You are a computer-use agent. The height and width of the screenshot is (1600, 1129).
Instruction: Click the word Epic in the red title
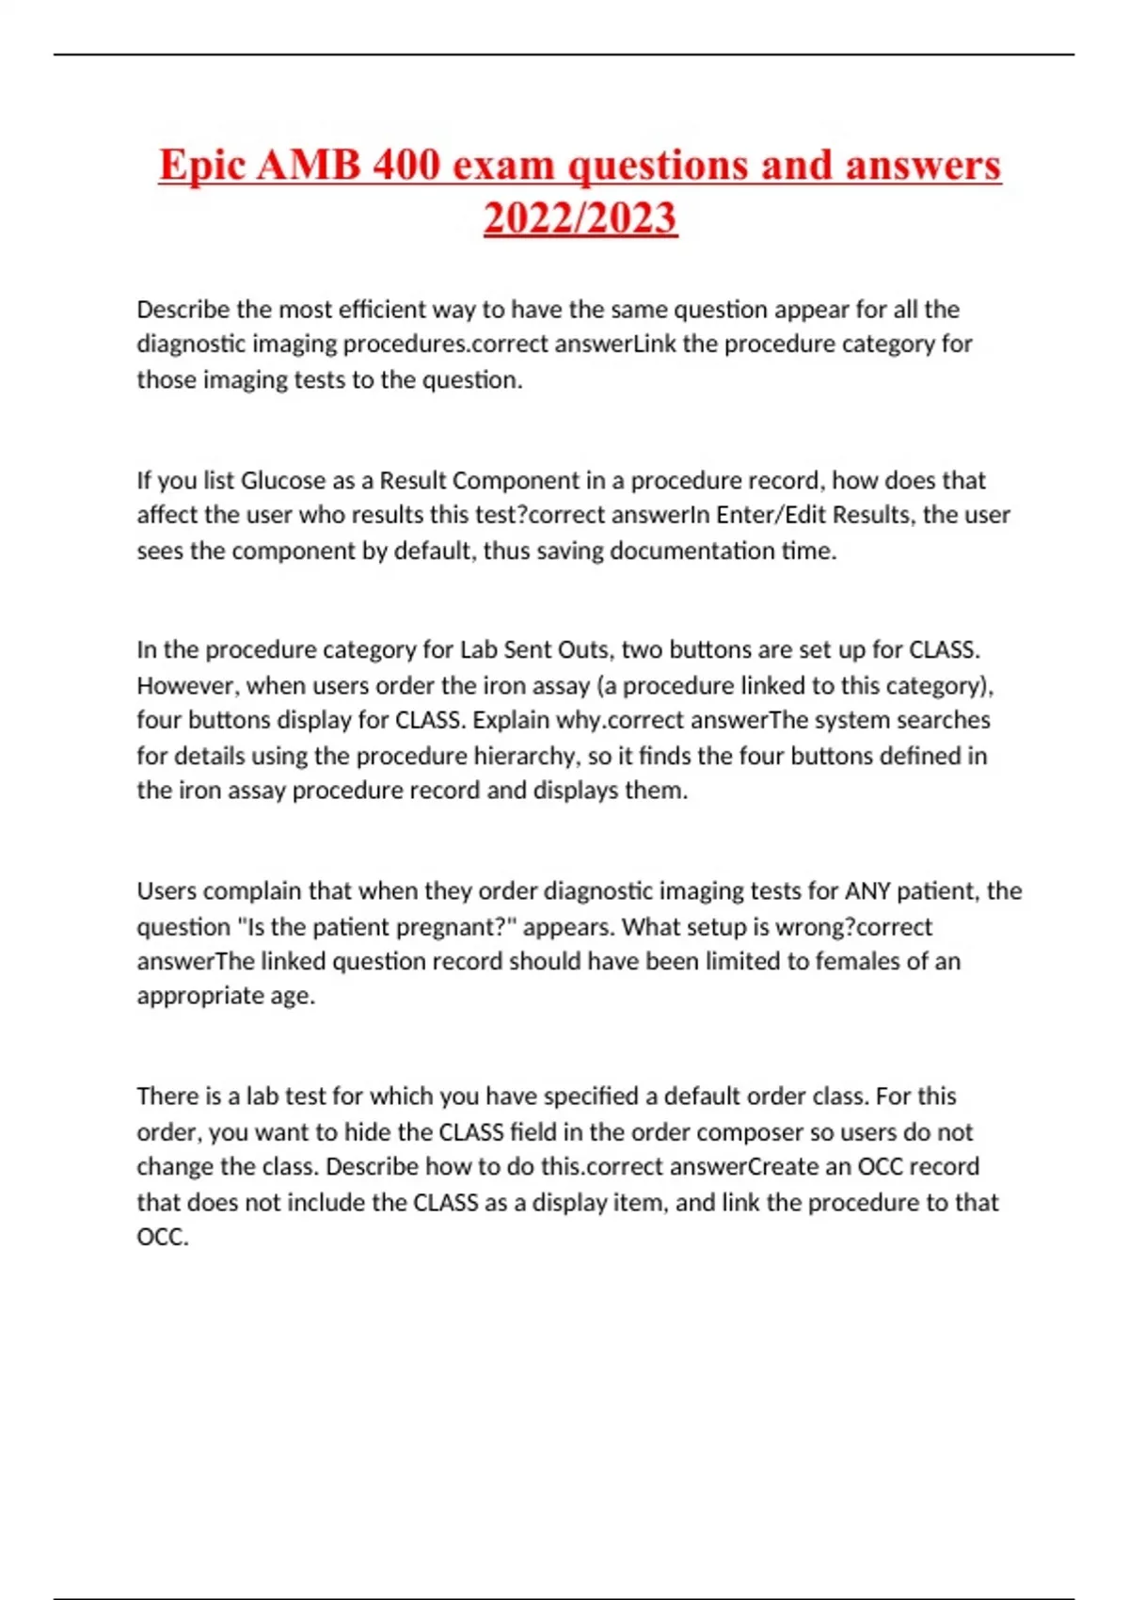[x=201, y=166]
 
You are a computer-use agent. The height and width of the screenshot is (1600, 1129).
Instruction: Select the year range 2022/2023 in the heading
[x=580, y=217]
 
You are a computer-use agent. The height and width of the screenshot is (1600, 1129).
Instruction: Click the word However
[x=184, y=685]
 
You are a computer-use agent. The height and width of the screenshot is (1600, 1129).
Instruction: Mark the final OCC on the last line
[x=162, y=1237]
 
